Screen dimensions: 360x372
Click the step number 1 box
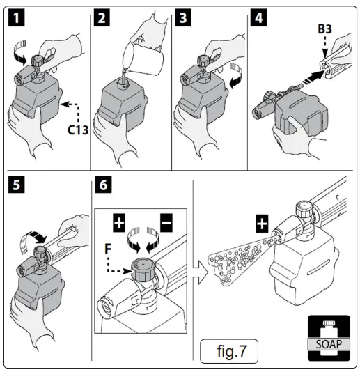[17, 18]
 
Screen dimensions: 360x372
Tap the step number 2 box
[102, 18]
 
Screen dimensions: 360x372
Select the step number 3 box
[183, 18]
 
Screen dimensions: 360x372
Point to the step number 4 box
[259, 18]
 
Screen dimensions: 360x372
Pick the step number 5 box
[17, 185]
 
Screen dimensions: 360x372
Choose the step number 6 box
[103, 185]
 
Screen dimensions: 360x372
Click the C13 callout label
[78, 130]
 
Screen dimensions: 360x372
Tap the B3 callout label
[324, 29]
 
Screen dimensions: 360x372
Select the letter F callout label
[108, 249]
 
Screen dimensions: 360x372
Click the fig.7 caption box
[229, 351]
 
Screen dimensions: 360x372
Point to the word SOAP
[329, 344]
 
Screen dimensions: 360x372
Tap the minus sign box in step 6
[166, 222]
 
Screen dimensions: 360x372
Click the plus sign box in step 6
[119, 222]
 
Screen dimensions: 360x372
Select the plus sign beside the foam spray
[262, 224]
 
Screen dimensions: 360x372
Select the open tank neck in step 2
[123, 84]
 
